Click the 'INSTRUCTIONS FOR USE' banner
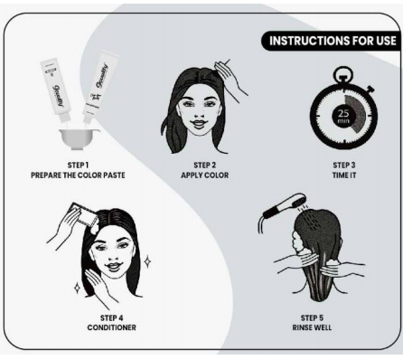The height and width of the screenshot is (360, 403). click(x=332, y=41)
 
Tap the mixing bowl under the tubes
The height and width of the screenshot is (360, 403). click(x=80, y=138)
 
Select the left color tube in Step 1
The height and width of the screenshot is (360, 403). click(x=56, y=90)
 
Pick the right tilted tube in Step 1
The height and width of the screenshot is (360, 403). click(x=100, y=87)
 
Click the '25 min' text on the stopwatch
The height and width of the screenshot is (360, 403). click(x=343, y=116)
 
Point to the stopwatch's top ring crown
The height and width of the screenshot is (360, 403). click(x=343, y=74)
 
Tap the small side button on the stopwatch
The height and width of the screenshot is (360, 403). click(x=370, y=89)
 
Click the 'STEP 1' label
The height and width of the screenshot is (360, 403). click(x=78, y=166)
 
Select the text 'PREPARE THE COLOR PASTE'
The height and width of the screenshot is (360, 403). click(x=78, y=175)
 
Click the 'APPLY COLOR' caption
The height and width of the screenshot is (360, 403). click(x=205, y=175)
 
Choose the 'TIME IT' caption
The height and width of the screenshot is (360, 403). click(x=344, y=175)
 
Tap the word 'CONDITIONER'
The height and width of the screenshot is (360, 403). click(x=112, y=327)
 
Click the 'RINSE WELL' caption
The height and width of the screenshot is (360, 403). click(x=312, y=327)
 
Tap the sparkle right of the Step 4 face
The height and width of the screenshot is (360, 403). click(x=147, y=262)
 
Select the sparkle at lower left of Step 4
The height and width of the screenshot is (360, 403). click(x=78, y=289)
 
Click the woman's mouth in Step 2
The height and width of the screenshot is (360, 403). click(x=198, y=124)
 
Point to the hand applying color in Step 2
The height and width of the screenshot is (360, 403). click(x=230, y=77)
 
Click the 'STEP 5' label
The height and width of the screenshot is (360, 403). click(x=312, y=317)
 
